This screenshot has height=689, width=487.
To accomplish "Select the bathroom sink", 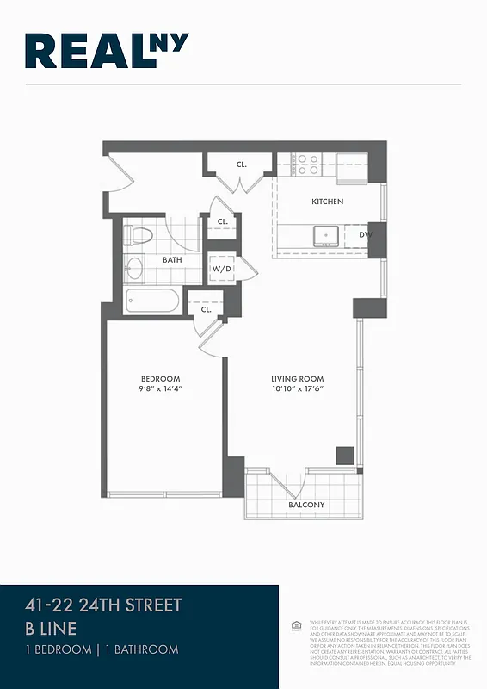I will [x=135, y=269].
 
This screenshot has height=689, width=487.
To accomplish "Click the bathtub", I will [x=152, y=302].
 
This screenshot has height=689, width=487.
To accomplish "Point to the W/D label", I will [x=221, y=268].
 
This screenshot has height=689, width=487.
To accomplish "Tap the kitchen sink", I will [x=326, y=235].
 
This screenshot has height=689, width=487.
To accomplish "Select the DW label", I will [x=365, y=234].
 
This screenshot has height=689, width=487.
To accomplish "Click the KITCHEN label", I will [x=327, y=202].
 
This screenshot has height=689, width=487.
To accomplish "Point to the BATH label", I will [x=172, y=259].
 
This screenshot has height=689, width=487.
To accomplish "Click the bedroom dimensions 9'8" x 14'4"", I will [x=161, y=390].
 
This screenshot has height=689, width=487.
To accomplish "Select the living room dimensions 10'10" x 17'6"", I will [x=297, y=390].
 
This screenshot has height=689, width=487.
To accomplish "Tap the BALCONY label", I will [x=306, y=505].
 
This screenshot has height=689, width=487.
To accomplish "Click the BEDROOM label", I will [x=161, y=379].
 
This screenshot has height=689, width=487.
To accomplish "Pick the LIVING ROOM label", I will [x=297, y=379].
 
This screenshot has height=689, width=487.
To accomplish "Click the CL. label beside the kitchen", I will [x=242, y=164].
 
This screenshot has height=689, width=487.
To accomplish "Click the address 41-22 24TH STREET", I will [x=103, y=605].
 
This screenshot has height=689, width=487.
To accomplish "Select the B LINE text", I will [x=51, y=629].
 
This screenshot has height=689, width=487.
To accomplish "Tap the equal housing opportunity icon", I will [x=296, y=623].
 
